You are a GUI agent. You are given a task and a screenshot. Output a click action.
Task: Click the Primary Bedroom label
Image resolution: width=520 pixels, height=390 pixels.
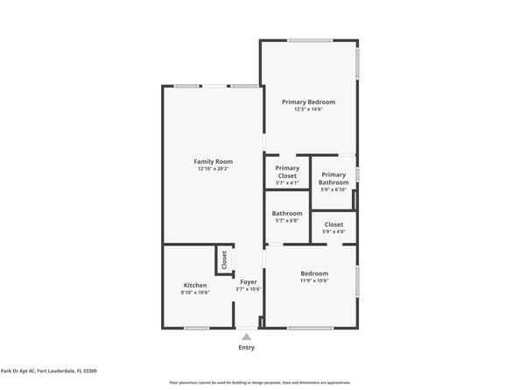click(x=308, y=102)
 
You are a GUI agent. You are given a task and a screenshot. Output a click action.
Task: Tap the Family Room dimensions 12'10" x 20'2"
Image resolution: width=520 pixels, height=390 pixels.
click(x=213, y=169)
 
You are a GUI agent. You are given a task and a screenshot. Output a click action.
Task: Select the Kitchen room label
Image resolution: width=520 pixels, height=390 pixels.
click(x=195, y=285)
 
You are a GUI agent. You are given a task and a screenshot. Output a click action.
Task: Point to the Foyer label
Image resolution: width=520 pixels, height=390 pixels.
click(x=248, y=281)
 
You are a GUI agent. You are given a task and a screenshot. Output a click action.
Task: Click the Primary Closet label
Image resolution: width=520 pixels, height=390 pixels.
click(x=287, y=172)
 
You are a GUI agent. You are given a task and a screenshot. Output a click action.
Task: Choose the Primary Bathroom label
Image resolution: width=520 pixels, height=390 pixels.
click(x=334, y=178)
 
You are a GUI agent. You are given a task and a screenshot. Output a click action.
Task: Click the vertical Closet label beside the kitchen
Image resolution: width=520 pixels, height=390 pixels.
click(x=224, y=259)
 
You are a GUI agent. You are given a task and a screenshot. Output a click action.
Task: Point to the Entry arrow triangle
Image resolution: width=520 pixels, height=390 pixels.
click(x=247, y=336)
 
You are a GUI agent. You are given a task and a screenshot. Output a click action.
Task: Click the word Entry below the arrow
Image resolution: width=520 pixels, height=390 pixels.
click(x=247, y=347)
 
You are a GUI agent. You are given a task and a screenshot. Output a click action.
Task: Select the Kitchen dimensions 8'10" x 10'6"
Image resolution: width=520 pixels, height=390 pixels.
click(x=195, y=293)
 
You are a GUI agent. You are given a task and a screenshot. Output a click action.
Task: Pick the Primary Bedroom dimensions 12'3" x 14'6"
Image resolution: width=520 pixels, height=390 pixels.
click(x=308, y=110)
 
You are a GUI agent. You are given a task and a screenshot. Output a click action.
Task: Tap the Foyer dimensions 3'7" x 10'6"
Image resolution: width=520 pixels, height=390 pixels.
click(x=248, y=289)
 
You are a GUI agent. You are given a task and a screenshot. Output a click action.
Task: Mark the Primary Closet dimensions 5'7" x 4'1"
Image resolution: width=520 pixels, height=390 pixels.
click(x=287, y=182)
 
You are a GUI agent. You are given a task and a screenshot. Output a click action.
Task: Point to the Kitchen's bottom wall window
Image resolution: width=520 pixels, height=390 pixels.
click(x=197, y=328)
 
